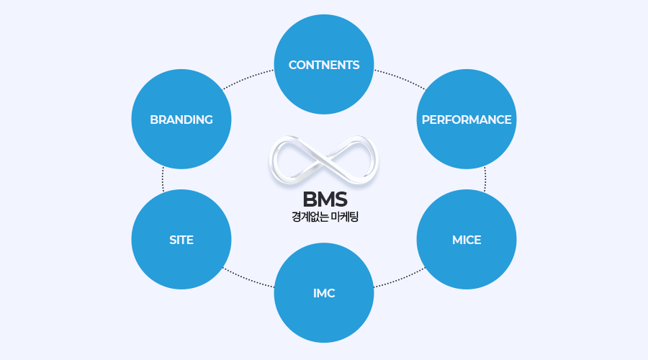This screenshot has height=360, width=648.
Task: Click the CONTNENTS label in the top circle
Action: [324, 65]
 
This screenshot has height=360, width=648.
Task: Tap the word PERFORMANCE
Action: [467, 120]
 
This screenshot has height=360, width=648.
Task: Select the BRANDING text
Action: [181, 120]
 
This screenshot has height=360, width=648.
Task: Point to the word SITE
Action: [181, 240]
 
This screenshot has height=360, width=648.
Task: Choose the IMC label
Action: [324, 294]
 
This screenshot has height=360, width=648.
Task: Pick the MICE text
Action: [467, 240]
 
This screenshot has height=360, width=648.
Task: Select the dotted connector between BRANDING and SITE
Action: [163, 180]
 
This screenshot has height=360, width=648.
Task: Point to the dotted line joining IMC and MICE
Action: [398, 279]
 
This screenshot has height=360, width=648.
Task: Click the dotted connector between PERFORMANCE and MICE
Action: [485, 180]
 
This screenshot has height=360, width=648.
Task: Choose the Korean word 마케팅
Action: [345, 216]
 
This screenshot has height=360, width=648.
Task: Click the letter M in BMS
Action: [325, 199]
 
